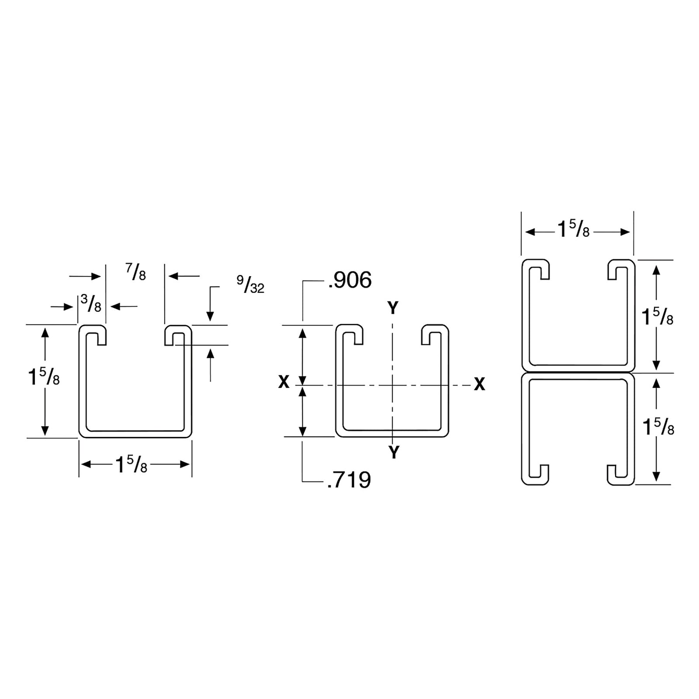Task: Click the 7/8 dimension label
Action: coord(136,272)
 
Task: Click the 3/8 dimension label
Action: coord(91,304)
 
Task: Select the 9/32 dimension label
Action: coord(251,284)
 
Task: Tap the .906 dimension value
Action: coord(349,280)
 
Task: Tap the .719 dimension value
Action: coord(349,480)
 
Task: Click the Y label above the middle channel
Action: coord(393,308)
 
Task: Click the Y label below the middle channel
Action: coord(394,453)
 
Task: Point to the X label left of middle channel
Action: coord(284,382)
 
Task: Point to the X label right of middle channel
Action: coord(480,384)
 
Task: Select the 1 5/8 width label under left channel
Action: coord(131,465)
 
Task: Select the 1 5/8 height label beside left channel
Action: coord(44,377)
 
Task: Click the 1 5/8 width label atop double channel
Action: coord(573,229)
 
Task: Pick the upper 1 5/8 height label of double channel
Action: coord(657,317)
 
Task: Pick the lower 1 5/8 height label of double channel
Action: coord(658,427)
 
